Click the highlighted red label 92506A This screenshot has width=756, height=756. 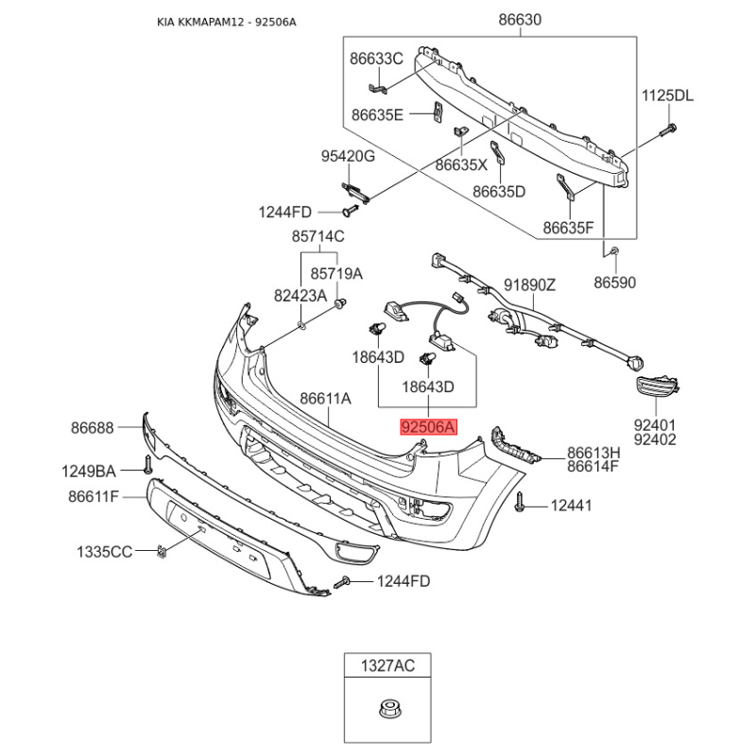(x=428, y=427)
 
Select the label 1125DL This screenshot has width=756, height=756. (x=667, y=95)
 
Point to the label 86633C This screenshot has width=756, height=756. (x=376, y=59)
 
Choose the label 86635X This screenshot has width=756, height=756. (x=461, y=164)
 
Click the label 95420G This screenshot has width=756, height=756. (x=347, y=156)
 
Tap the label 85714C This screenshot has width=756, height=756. (x=318, y=236)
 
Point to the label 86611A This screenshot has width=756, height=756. (x=326, y=399)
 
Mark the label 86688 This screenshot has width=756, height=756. (x=92, y=427)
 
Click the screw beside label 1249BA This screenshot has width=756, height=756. (x=148, y=466)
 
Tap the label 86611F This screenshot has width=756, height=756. (x=94, y=496)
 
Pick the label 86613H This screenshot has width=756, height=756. (x=593, y=452)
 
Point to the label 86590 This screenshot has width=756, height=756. (x=615, y=282)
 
